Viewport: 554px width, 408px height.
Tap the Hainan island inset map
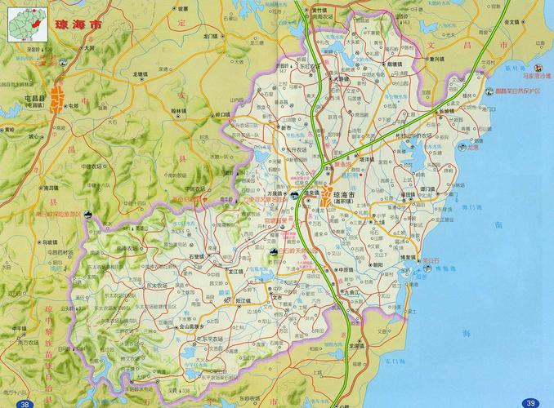(25, 23)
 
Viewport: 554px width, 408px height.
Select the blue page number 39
(530, 402)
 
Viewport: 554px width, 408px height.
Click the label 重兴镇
(456, 59)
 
